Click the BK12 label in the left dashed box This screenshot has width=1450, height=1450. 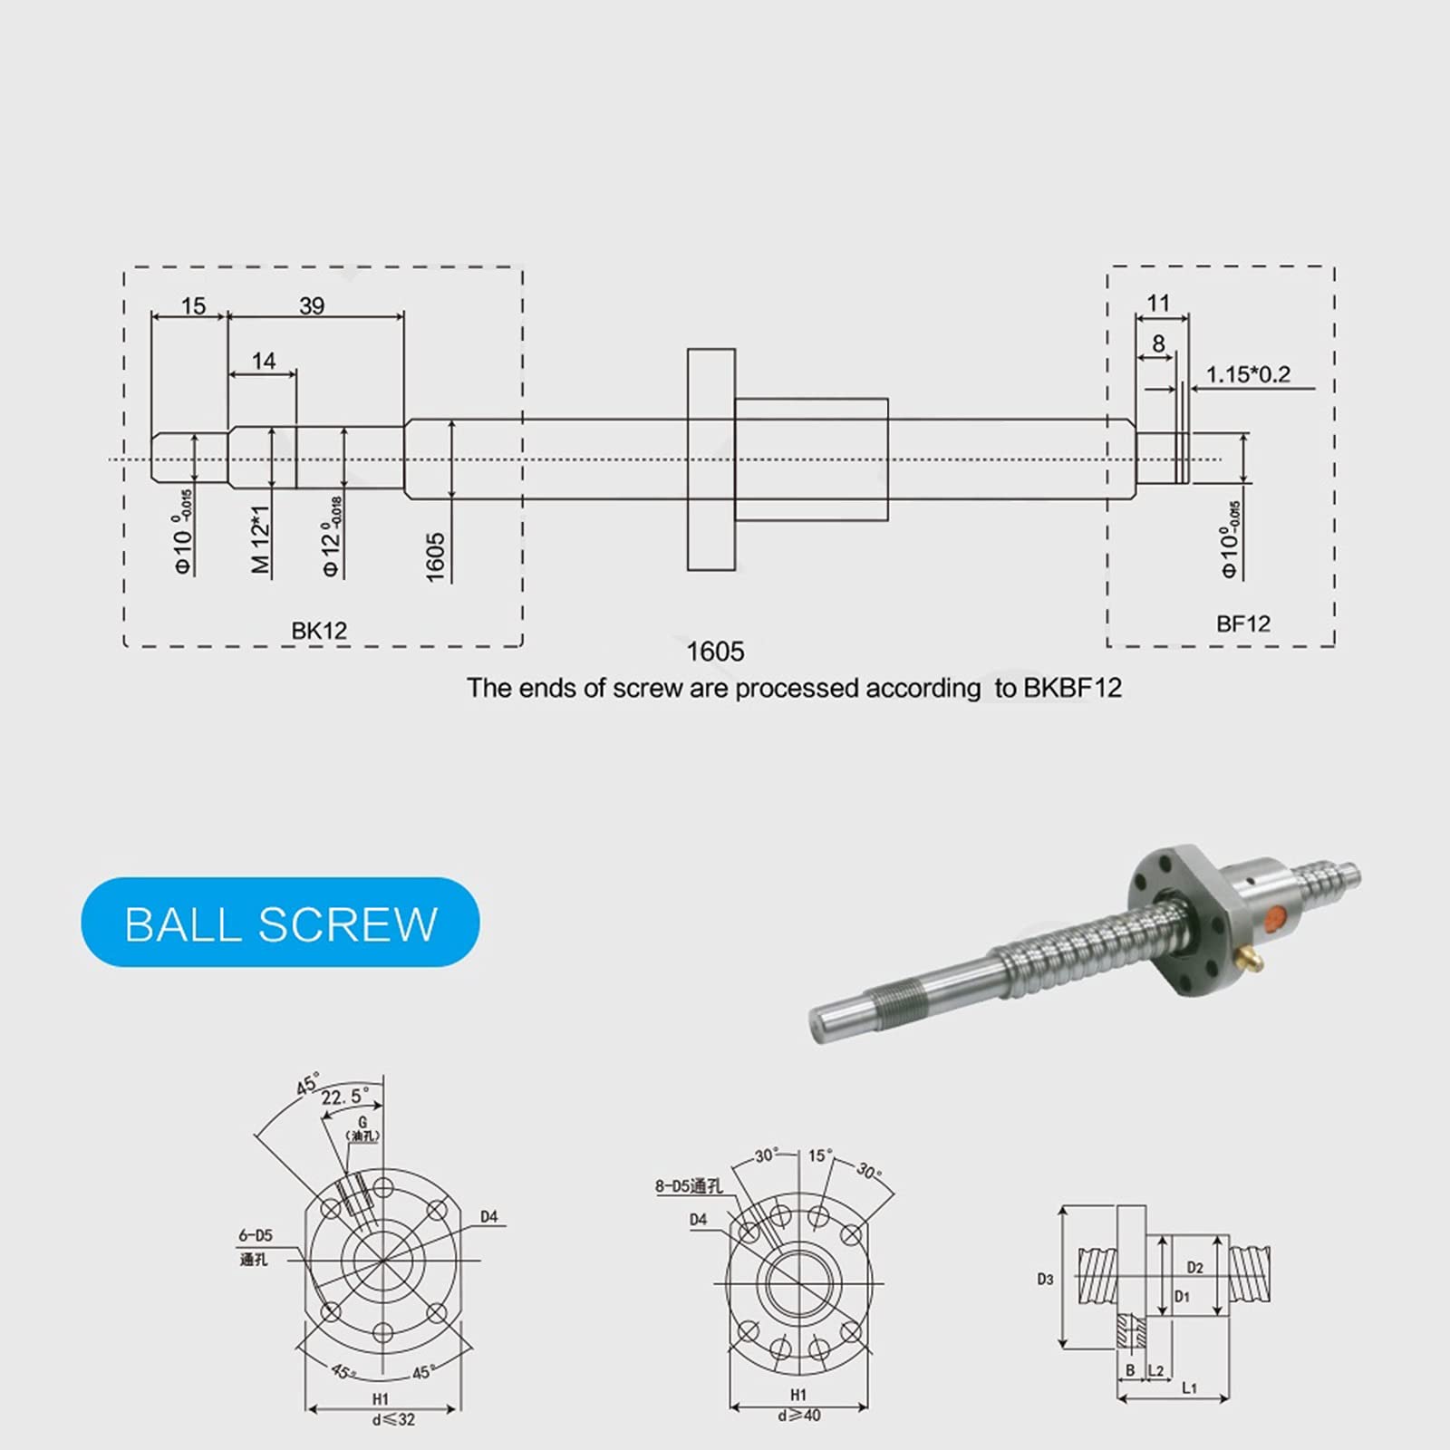319,631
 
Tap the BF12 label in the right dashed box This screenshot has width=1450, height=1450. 1242,623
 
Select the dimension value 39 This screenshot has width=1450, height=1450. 312,306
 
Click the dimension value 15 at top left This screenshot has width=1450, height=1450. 193,306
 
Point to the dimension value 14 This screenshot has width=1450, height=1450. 264,361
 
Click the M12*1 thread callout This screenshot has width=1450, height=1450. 261,539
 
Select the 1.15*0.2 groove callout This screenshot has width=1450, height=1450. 1248,374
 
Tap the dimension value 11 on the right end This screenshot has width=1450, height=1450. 1158,303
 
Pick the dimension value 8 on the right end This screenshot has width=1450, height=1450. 1158,343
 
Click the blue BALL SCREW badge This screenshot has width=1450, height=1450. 280,923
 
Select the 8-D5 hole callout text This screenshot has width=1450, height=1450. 689,1186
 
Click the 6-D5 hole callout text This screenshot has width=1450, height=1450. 256,1235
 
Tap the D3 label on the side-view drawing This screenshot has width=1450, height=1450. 1045,1280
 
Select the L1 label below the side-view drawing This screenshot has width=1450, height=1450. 1189,1387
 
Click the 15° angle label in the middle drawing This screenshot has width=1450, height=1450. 818,1156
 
